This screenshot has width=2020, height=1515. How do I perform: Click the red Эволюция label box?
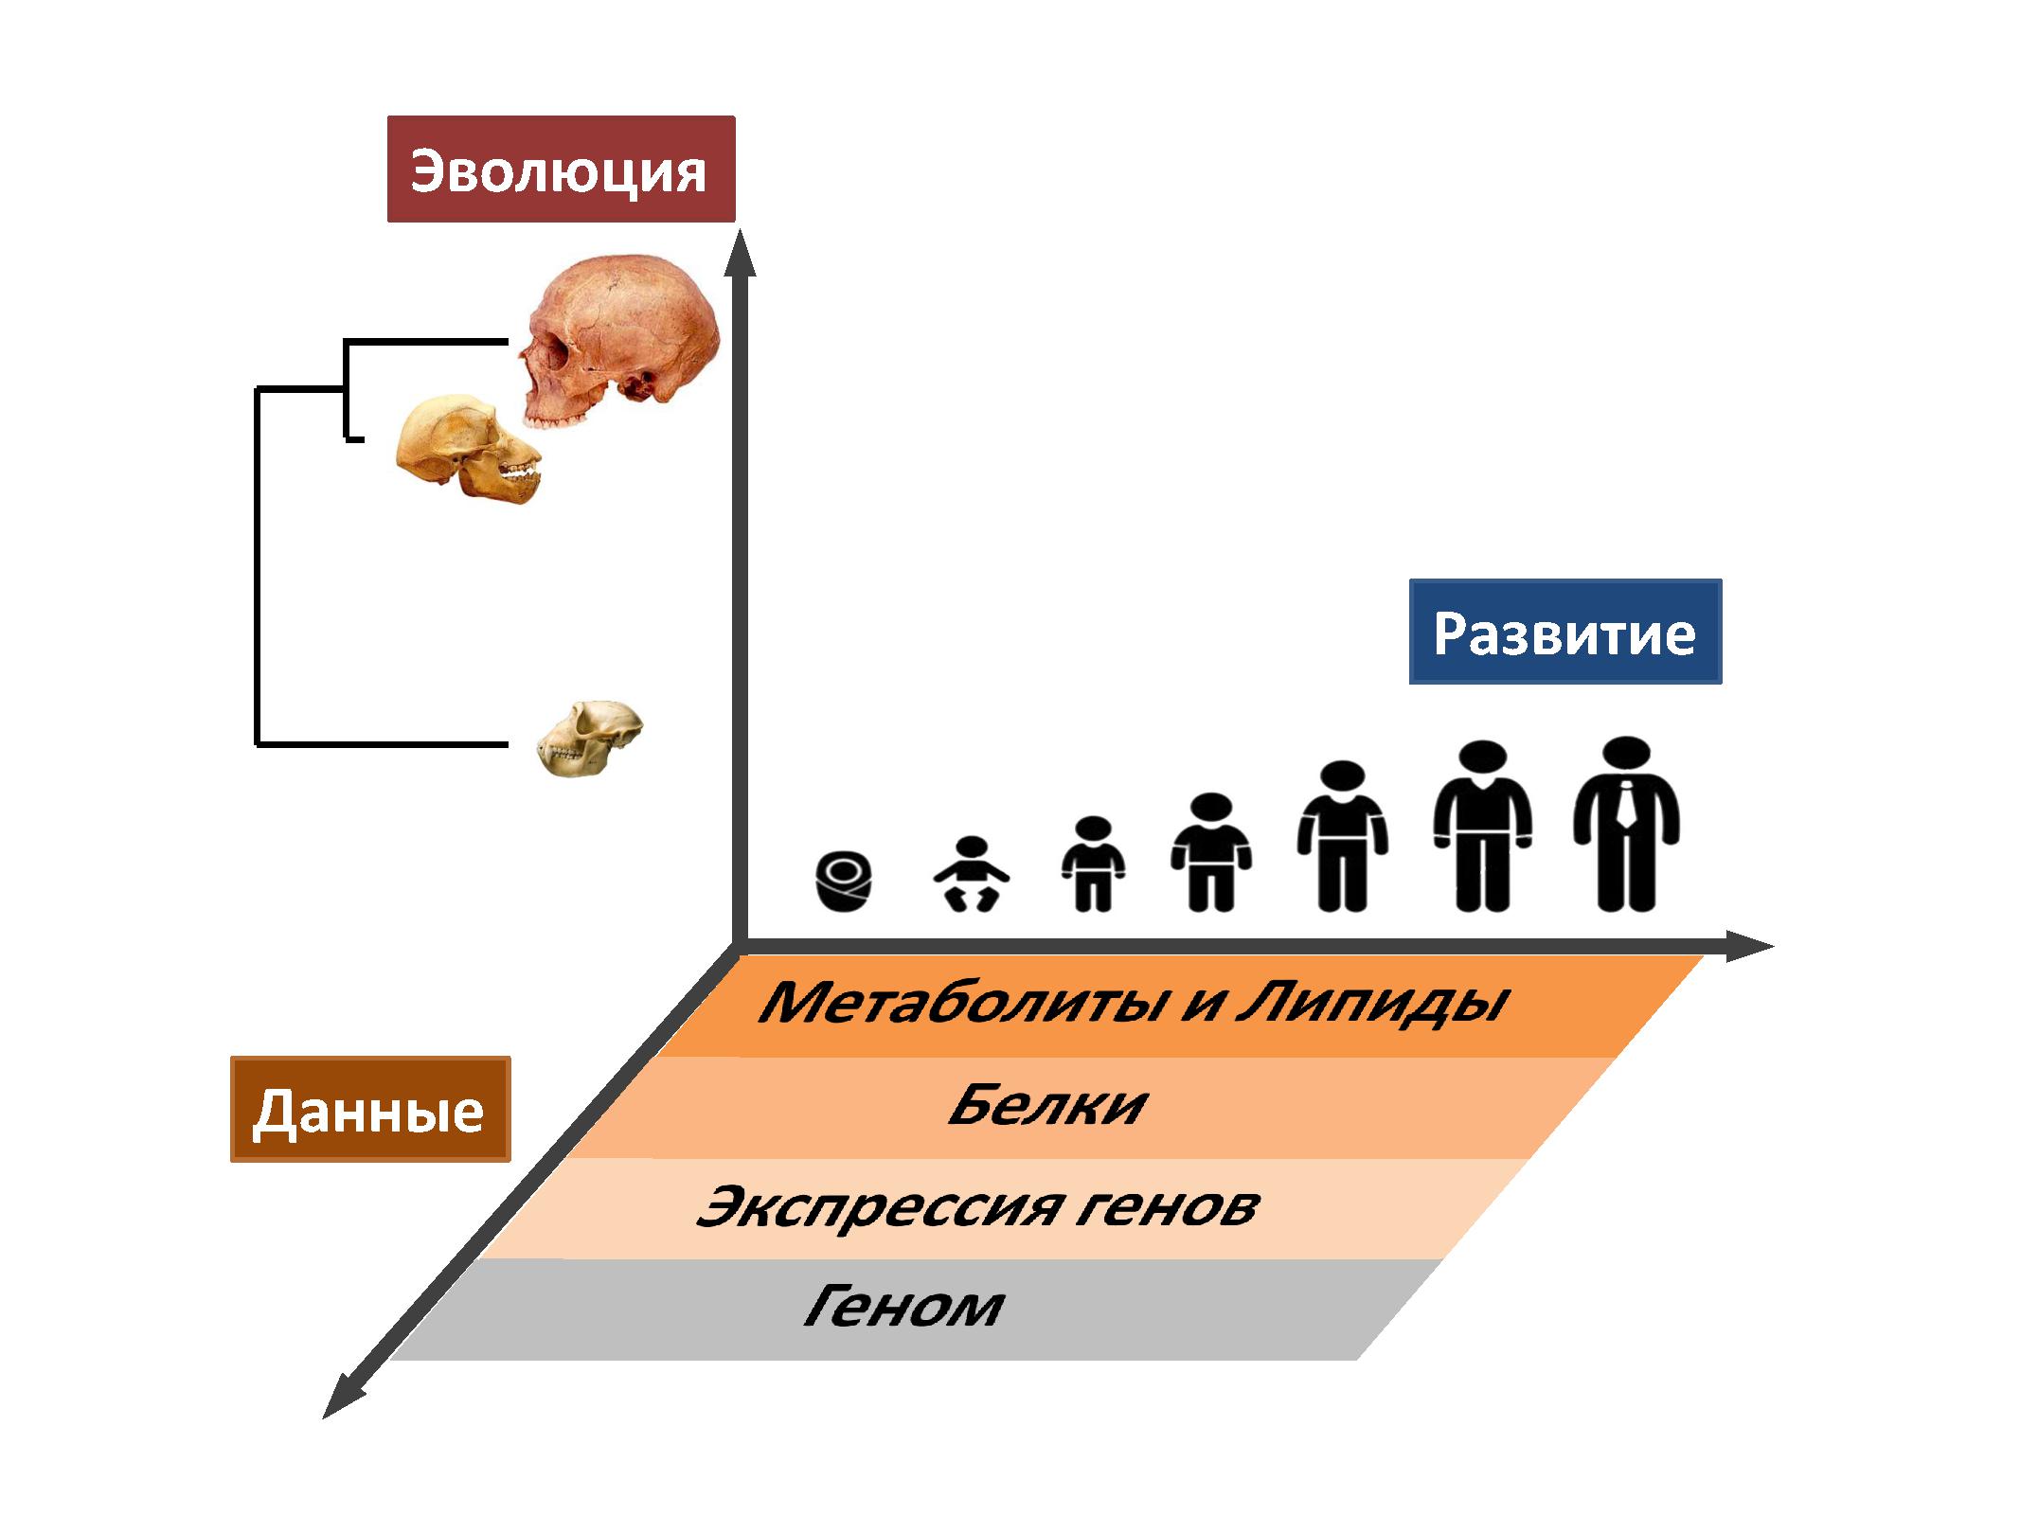click(x=561, y=169)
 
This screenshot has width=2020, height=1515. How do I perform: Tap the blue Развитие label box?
click(x=1564, y=632)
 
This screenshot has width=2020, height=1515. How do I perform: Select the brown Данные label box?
click(x=370, y=1109)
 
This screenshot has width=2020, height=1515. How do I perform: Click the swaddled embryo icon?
click(x=843, y=882)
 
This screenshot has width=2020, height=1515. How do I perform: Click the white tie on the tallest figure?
click(x=1626, y=805)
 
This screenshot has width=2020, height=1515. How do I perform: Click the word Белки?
click(x=1047, y=1105)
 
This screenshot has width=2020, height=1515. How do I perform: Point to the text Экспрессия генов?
click(x=977, y=1207)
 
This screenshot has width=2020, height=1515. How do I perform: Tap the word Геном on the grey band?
click(x=903, y=1308)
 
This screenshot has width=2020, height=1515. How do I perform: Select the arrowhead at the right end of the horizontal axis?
click(x=1748, y=945)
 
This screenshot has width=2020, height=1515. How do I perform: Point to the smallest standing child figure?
click(x=1094, y=864)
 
